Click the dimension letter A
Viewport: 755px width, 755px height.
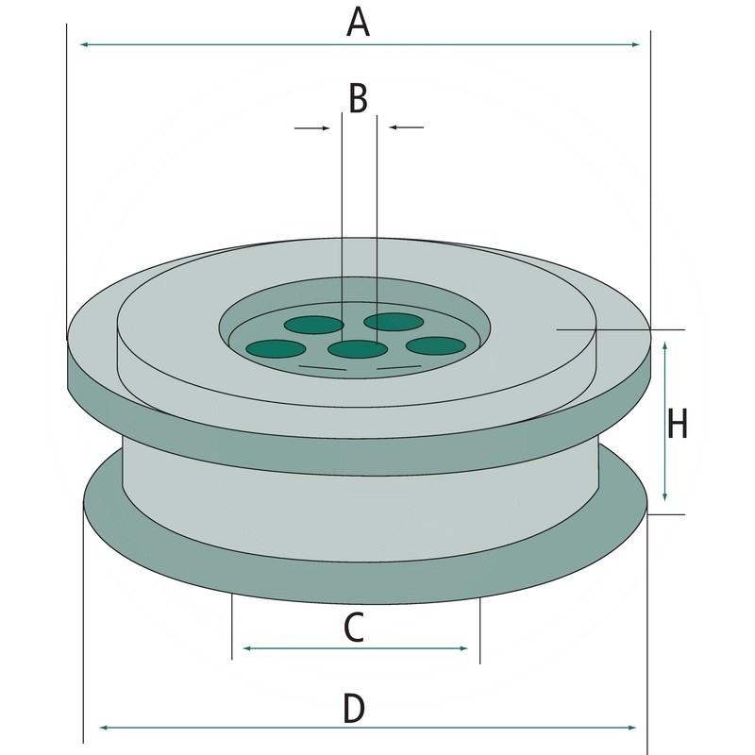(358, 22)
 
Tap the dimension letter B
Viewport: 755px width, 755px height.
(358, 98)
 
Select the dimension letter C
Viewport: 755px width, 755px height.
(353, 628)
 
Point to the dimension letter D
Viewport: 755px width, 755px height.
(353, 708)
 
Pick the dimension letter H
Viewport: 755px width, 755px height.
(677, 425)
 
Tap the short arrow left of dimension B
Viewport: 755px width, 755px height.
(321, 127)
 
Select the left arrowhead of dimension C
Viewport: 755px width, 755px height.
(248, 648)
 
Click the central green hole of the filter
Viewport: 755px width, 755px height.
(359, 350)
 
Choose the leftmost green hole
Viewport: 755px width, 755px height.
(275, 348)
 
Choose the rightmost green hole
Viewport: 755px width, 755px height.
(436, 344)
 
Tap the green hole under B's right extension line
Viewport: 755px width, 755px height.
(394, 322)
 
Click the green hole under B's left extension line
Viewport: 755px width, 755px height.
(312, 326)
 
